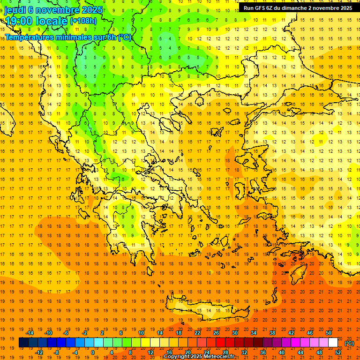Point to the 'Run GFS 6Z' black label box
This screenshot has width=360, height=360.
pyautogui.click(x=298, y=8)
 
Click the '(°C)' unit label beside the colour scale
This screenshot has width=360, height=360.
pyautogui.click(x=349, y=343)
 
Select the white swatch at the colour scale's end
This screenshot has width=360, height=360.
pyautogui.click(x=333, y=343)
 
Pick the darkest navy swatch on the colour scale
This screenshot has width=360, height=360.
pyautogui.click(x=23, y=343)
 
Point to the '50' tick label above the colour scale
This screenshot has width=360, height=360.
pyautogui.click(x=328, y=332)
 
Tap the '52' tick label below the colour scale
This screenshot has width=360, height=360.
pyautogui.click(x=338, y=352)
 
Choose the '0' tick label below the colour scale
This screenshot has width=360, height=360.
pyautogui.click(x=93, y=352)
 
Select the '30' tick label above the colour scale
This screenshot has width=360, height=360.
pyautogui.click(x=234, y=332)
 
